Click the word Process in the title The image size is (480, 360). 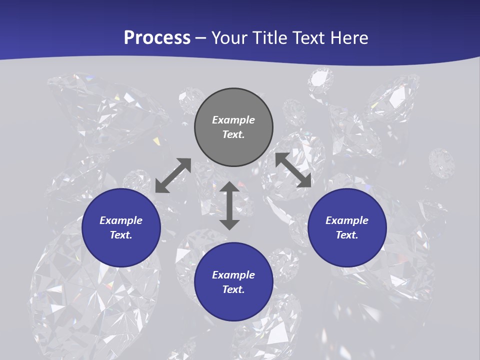157,38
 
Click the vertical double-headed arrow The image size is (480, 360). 229,205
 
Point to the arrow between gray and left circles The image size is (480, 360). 173,175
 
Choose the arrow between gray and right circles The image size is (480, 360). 293,170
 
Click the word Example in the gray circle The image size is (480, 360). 233,120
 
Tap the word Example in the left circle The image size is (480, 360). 121,220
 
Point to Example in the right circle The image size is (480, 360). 347,220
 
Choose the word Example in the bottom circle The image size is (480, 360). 233,275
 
